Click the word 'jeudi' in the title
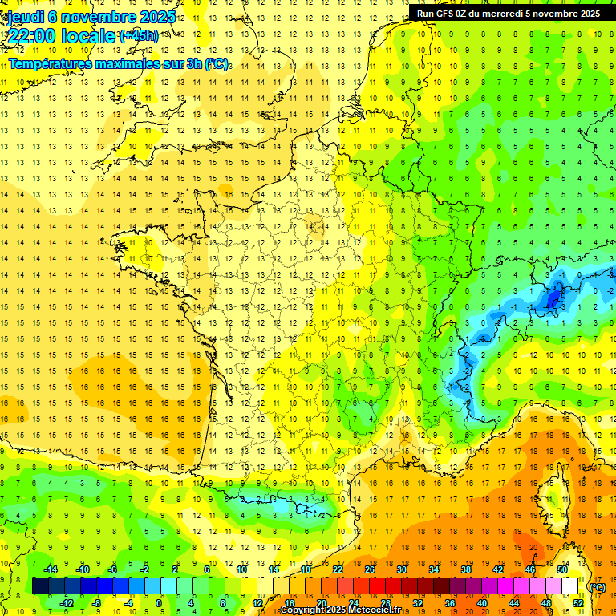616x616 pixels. [25, 16]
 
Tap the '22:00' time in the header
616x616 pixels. [31, 36]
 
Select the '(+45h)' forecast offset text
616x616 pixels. [139, 36]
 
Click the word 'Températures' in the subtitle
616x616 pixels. [51, 63]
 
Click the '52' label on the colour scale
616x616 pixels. [578, 602]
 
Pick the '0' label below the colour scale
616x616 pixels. [159, 602]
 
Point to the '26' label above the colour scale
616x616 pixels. [370, 569]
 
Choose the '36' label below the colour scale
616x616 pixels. [450, 602]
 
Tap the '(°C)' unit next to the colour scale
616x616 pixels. [598, 586]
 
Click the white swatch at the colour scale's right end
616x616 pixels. [570, 586]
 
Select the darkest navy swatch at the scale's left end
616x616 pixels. [40, 586]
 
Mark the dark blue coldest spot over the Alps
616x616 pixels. [553, 298]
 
